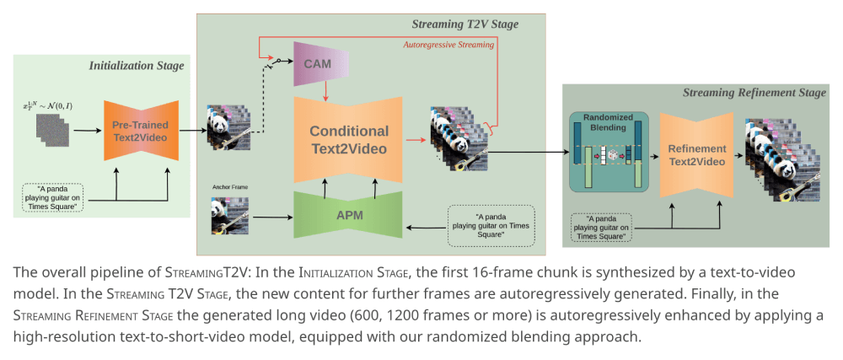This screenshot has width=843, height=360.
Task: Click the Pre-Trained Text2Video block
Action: (x=141, y=130)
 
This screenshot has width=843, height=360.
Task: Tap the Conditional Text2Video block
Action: (x=348, y=140)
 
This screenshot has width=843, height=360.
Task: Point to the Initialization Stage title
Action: (x=136, y=65)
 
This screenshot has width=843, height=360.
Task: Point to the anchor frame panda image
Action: (x=229, y=215)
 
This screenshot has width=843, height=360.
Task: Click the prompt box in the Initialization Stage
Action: (x=53, y=197)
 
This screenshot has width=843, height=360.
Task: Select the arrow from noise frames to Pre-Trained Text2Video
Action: (x=86, y=131)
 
